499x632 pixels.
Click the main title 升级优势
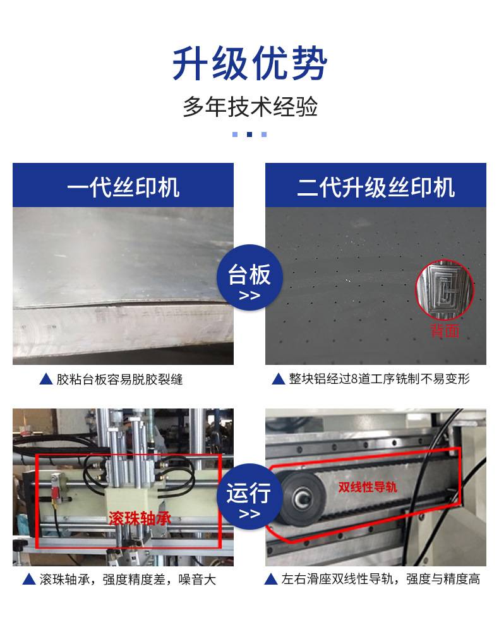point(249,63)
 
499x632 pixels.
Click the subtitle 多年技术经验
point(250,107)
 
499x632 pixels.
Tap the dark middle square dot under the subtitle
point(249,134)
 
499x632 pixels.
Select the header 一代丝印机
point(123,187)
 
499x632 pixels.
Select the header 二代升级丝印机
point(376,187)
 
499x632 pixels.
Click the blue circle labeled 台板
point(249,278)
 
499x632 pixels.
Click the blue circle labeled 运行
point(249,496)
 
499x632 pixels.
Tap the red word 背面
point(445,331)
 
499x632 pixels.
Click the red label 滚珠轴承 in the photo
point(140,518)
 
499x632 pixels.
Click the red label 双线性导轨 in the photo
point(368,487)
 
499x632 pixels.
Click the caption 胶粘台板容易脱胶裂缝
point(119,379)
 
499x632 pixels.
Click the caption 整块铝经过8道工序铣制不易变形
point(379,379)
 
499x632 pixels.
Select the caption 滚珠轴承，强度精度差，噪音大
point(128,580)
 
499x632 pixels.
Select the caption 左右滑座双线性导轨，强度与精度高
point(381,579)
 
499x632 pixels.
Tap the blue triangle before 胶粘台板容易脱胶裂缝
point(46,379)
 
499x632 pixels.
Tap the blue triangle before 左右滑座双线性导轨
point(271,579)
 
